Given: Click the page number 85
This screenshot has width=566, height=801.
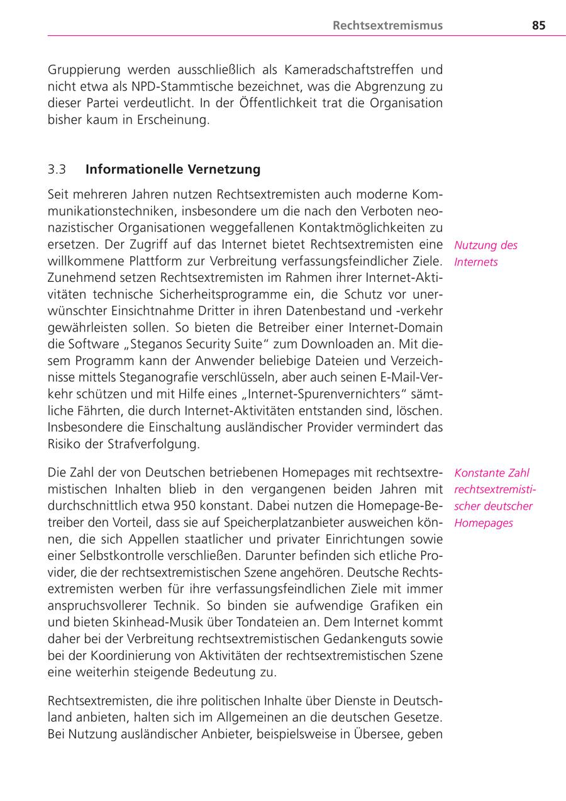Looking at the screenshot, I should coord(538,26).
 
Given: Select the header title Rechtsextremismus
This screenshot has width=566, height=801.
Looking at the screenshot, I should coord(387,26).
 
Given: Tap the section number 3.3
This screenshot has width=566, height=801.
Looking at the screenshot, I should coord(57,169).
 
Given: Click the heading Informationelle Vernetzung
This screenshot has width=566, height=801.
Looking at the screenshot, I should coord(173,169).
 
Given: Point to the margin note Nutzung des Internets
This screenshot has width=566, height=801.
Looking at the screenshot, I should coord(486,254).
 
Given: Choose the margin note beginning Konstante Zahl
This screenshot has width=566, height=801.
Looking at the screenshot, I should coord(494,498).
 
